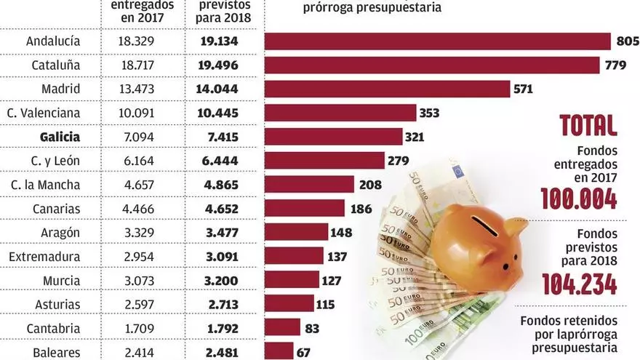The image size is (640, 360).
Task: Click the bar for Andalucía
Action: coord(437,41)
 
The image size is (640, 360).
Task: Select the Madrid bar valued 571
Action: coord(387,89)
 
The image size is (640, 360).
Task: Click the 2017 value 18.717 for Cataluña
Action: coord(135,65)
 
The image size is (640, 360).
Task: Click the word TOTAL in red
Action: coord(588,125)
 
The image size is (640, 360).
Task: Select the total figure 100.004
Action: coord(579,198)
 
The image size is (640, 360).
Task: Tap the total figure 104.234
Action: coord(579,284)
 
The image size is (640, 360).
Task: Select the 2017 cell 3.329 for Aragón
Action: coord(135,232)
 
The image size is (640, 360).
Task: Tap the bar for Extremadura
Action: coord(294,256)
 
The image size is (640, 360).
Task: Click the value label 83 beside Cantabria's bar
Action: coord(312,328)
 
